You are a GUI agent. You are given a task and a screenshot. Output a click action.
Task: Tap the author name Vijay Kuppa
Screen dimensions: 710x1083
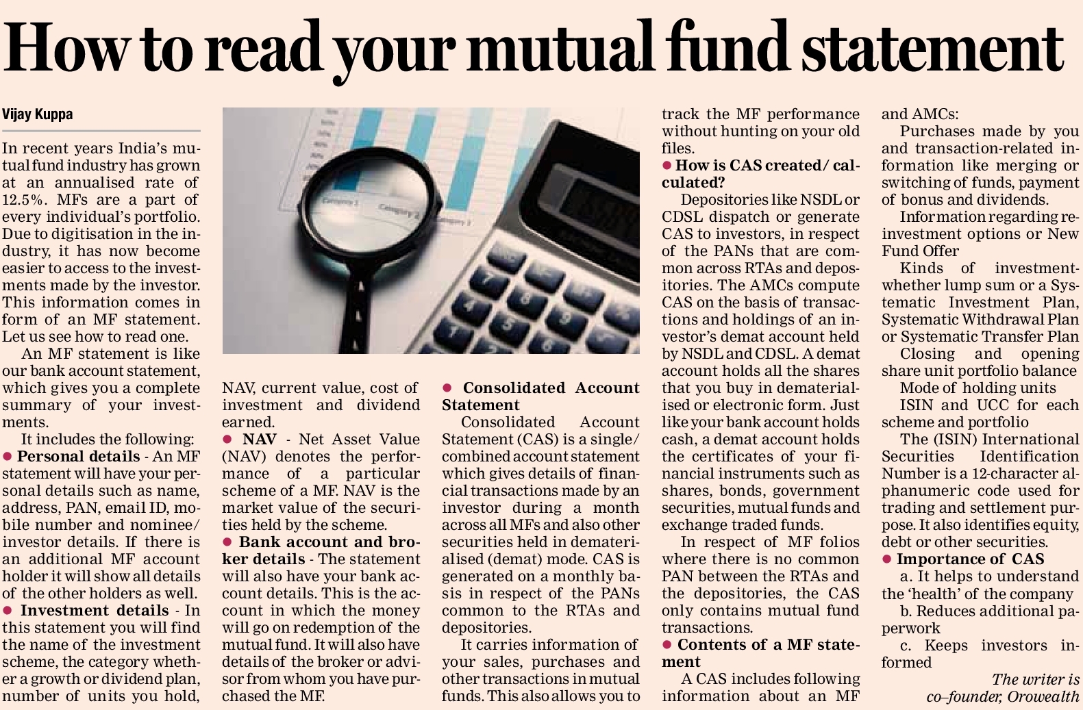(x=38, y=114)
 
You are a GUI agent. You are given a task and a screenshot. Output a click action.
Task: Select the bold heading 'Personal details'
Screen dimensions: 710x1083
(x=78, y=456)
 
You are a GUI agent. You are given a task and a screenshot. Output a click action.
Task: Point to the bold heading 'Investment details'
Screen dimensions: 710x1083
(x=94, y=610)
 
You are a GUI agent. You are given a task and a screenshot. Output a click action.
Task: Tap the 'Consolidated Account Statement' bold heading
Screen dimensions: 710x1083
(x=541, y=396)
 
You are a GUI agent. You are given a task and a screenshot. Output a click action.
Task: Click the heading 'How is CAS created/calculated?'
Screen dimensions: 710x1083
(x=760, y=173)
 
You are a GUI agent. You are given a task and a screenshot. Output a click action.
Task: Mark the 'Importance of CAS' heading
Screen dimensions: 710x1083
(x=970, y=559)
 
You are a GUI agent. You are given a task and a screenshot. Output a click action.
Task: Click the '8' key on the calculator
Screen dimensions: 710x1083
(x=525, y=299)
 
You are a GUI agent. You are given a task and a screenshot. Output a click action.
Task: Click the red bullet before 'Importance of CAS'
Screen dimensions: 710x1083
(x=886, y=559)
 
